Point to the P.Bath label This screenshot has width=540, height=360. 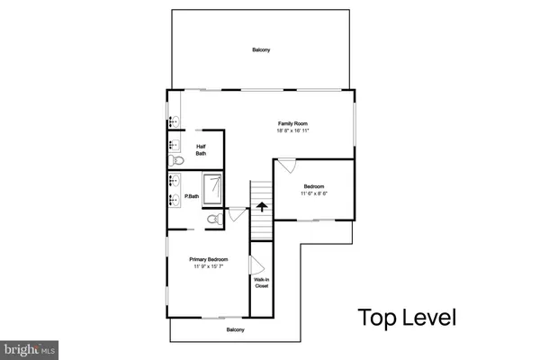pos(192,196)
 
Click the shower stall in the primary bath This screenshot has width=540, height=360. pos(214,189)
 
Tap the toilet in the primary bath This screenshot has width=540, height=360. pos(213,219)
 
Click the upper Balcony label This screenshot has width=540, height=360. pos(261,50)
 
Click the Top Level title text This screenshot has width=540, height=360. pos(408,318)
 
